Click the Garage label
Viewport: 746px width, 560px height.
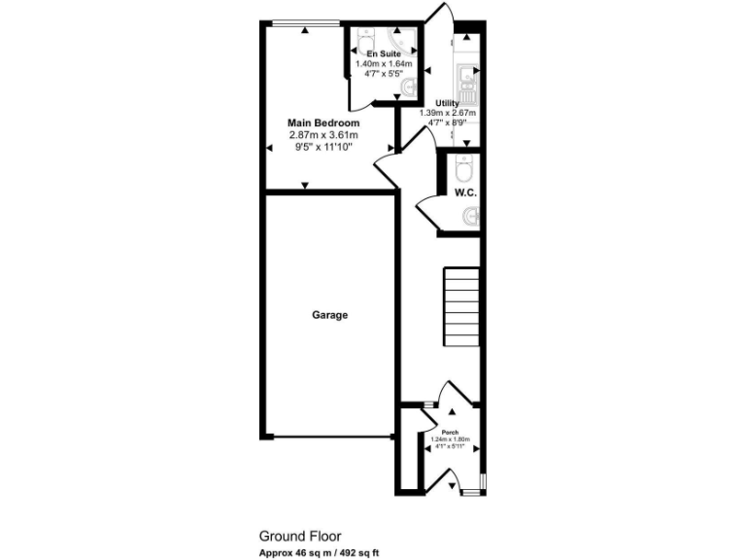coord(330,315)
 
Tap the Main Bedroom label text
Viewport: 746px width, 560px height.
coord(323,123)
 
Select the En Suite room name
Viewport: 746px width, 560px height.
coord(383,53)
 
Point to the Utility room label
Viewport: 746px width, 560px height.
coord(448,103)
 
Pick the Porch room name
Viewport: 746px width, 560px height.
coord(450,432)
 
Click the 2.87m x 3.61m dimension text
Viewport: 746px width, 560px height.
coord(323,135)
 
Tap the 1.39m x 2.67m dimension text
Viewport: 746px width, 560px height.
coord(448,113)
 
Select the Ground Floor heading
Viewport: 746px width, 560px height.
coord(296,536)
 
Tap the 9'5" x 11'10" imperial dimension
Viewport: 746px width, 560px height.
coord(323,147)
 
